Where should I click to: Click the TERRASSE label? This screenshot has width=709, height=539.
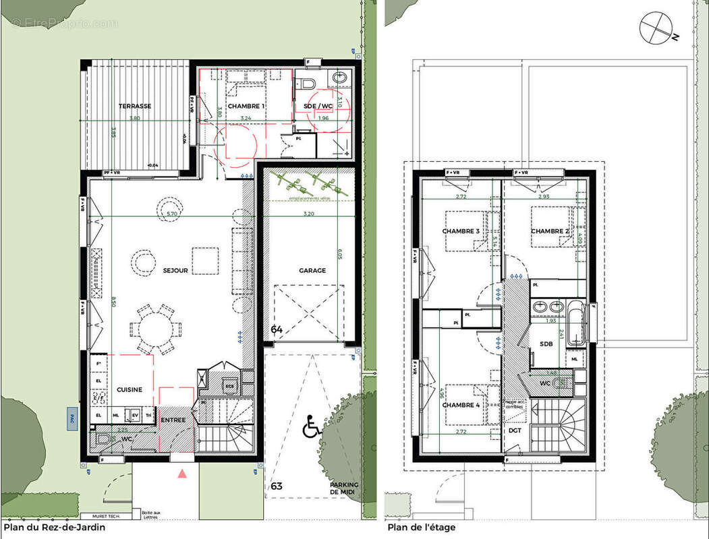point(134,106)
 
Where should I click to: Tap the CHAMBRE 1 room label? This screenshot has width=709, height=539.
point(246,106)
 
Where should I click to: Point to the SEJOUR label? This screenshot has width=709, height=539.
point(175,270)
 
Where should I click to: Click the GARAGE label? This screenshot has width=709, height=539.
point(312,270)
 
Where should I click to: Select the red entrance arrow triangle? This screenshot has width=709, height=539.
point(181,474)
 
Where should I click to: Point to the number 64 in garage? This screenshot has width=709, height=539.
point(277,329)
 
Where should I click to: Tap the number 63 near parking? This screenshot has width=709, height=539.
point(277,486)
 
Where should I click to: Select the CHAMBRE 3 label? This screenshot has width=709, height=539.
point(461,231)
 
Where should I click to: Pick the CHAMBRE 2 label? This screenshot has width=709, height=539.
point(549,231)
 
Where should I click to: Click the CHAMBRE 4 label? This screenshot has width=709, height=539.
point(461,405)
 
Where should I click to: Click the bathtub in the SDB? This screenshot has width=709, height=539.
point(575,324)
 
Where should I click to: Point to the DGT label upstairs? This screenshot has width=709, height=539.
point(515,431)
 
